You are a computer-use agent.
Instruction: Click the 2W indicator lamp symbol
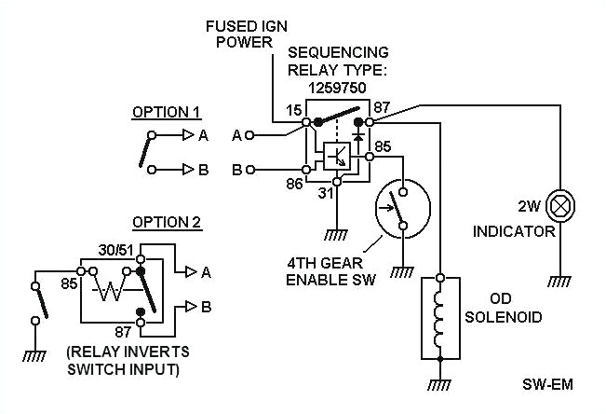click(560, 203)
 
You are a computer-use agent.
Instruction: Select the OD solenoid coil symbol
click(441, 318)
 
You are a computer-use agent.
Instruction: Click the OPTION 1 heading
click(167, 112)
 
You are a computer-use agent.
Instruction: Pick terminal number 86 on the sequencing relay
click(294, 185)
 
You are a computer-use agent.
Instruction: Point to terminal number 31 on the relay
click(326, 193)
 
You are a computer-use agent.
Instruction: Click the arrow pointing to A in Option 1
click(185, 135)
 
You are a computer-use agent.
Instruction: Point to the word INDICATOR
click(514, 231)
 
